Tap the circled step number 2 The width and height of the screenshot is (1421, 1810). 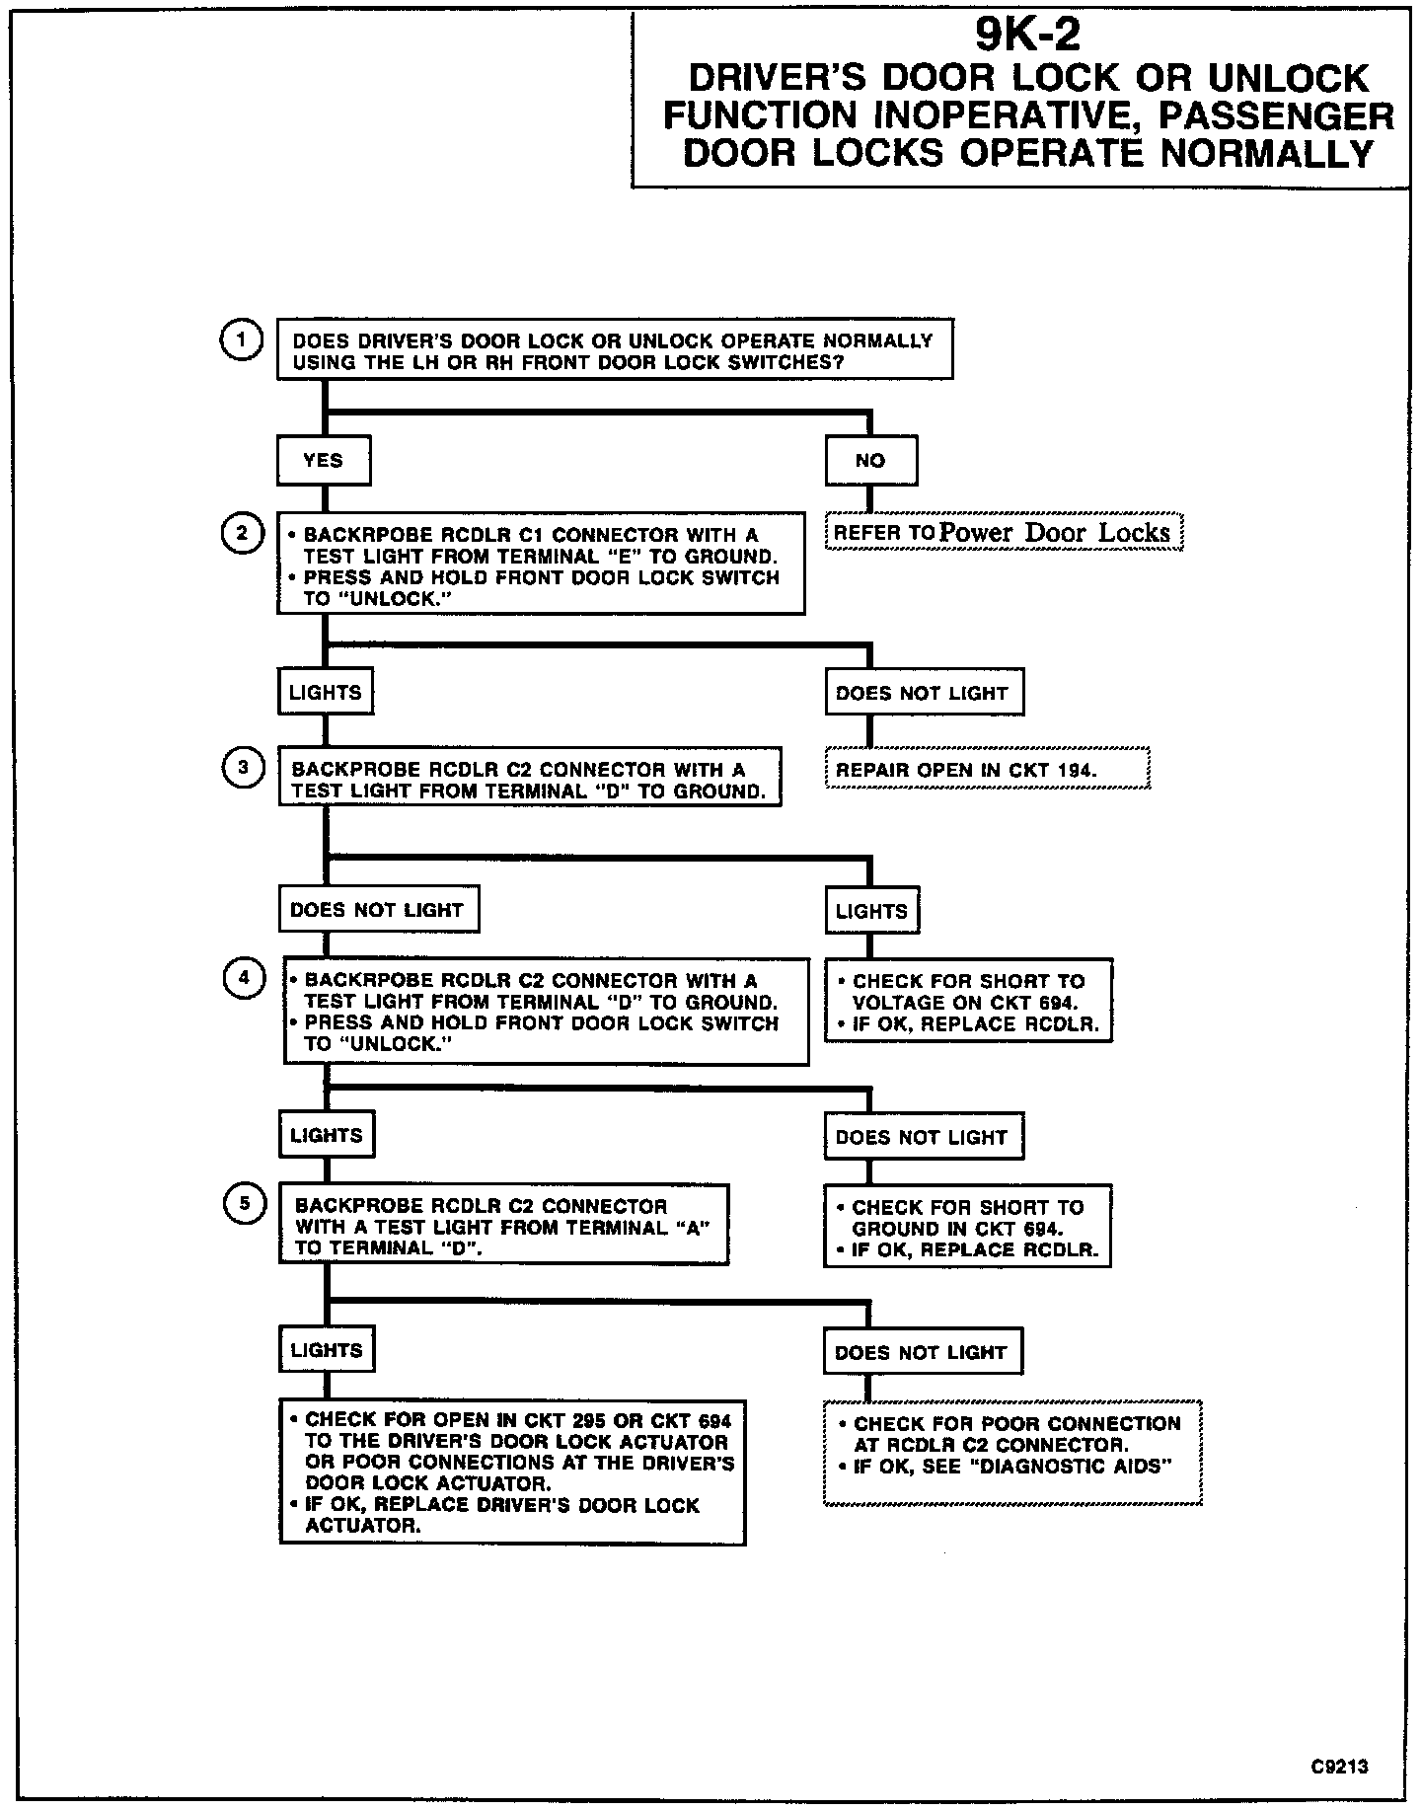click(x=241, y=534)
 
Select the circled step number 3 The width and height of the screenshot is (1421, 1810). click(x=241, y=768)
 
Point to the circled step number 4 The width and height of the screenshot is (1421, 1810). click(x=244, y=979)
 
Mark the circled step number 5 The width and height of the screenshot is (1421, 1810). click(x=245, y=1204)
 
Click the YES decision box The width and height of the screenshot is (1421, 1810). click(x=324, y=461)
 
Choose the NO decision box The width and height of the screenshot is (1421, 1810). click(x=870, y=461)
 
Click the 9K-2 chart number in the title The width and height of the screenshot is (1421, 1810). click(x=1027, y=36)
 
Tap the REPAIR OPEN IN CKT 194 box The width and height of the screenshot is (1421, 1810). click(x=987, y=770)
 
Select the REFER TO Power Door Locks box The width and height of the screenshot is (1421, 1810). click(x=1003, y=533)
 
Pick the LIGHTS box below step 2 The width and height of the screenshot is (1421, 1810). click(x=326, y=693)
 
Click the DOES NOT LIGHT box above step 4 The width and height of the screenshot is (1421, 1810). click(x=378, y=910)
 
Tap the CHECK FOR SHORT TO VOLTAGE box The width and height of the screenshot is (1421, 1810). click(x=969, y=1002)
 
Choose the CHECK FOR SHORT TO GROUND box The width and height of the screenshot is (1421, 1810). click(x=967, y=1228)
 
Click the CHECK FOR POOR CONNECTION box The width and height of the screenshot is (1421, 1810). click(x=1012, y=1452)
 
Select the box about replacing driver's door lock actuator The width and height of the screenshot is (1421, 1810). click(x=512, y=1471)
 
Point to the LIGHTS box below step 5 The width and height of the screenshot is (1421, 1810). click(x=326, y=1350)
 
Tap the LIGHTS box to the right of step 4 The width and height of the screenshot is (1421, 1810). click(x=871, y=911)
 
